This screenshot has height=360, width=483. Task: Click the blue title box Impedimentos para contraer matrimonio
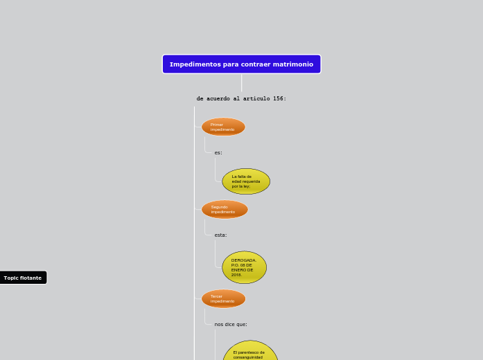coord(241,64)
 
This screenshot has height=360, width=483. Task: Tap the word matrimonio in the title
coord(294,64)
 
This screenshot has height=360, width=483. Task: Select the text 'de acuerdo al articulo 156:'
coord(241,98)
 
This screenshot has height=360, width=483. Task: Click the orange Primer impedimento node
coord(223,127)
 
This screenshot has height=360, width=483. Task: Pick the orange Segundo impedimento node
coord(225,209)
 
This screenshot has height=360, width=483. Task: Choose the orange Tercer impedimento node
coord(223,298)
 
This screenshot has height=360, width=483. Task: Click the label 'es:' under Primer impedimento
coord(218,152)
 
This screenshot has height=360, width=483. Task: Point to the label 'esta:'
coord(220,235)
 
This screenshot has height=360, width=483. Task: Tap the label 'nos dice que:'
coord(231,324)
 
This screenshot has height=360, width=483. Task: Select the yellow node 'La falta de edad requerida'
coord(246,181)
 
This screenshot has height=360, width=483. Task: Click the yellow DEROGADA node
coord(244,267)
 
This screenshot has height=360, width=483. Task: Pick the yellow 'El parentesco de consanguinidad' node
coord(249,353)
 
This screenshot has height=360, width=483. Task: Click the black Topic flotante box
coord(23,278)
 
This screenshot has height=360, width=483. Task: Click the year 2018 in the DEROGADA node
coord(236,275)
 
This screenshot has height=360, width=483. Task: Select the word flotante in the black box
coord(30,278)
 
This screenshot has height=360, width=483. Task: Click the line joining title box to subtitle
coord(241,82)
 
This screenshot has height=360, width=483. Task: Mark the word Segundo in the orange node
coord(220,207)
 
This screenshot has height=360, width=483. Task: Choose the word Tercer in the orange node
coord(216,296)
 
